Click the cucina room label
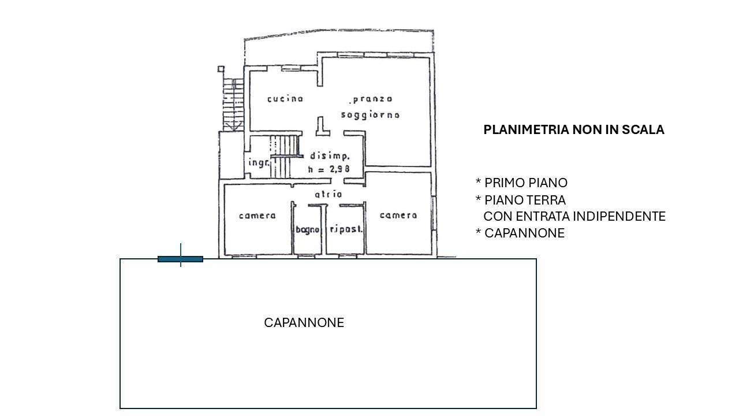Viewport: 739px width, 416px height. point(285,99)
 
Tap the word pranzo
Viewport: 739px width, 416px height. point(372,99)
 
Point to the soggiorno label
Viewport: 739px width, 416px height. point(370,115)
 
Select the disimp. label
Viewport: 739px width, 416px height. point(330,156)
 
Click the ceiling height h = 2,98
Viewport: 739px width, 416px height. point(329,169)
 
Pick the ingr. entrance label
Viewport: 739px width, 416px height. point(259,163)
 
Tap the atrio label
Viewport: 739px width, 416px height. point(329,195)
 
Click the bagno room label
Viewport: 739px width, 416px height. point(307,230)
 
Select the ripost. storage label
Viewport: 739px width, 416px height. point(346,229)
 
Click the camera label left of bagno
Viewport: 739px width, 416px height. point(257,216)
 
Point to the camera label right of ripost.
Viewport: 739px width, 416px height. point(398,216)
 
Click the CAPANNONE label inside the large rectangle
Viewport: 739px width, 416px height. point(304,322)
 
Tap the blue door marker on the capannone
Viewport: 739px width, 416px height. point(180,259)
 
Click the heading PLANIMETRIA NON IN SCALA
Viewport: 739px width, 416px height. point(574,130)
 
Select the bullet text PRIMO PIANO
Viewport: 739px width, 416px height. point(526,183)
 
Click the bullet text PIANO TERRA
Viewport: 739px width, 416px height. point(525,200)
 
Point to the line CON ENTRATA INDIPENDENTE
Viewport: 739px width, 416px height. point(574,217)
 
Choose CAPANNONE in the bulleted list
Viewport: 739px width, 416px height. point(524,233)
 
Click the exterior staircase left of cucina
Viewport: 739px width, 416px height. point(233,105)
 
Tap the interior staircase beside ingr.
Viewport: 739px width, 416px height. point(285,156)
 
